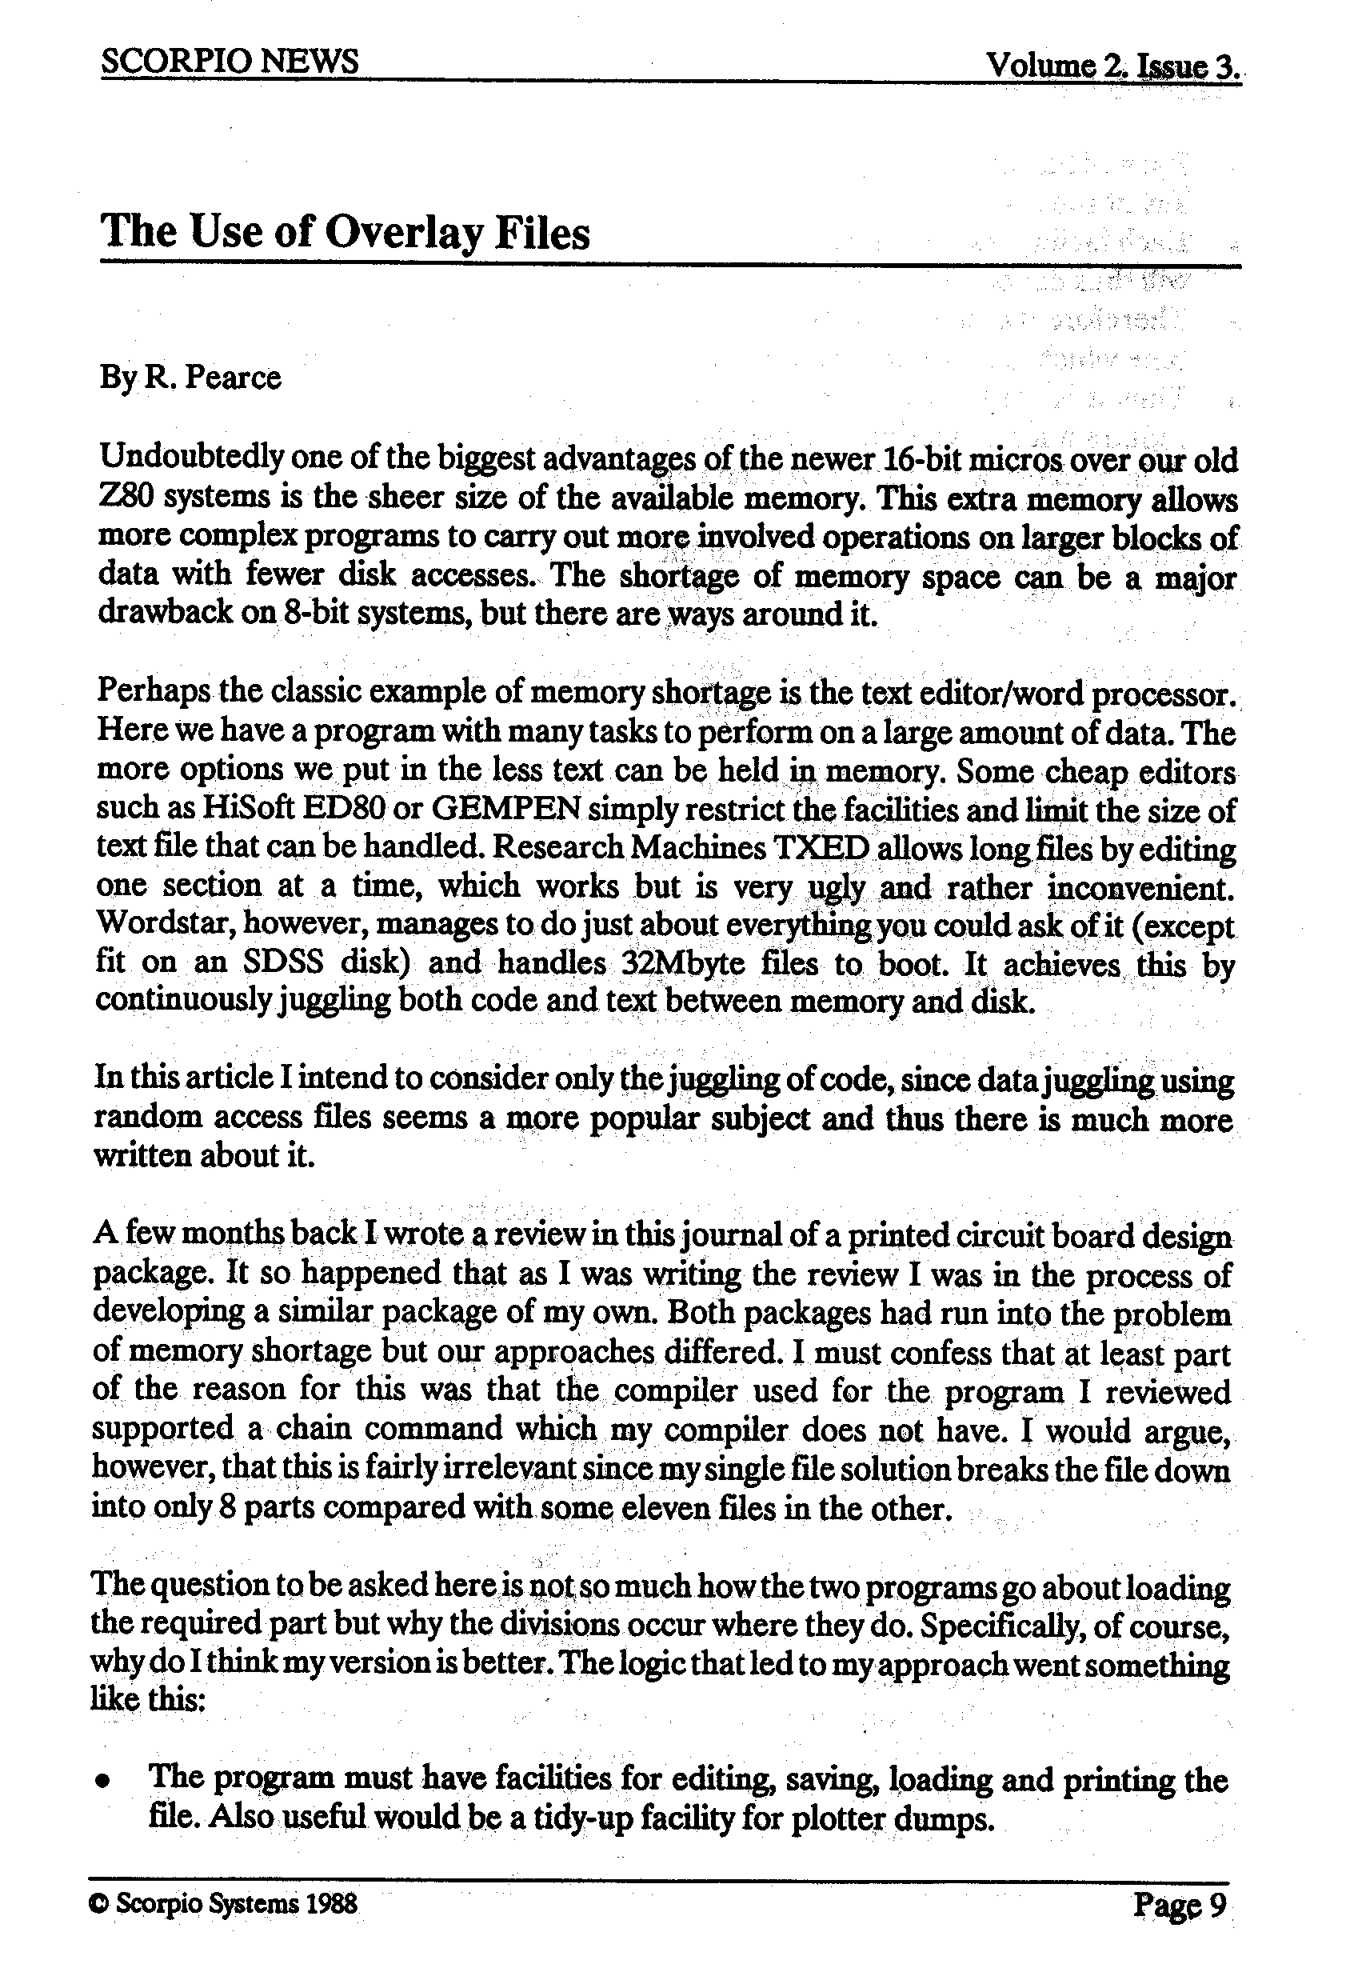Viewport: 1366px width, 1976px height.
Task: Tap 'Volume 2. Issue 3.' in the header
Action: click(1112, 65)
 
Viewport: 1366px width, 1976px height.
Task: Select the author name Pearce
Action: click(233, 377)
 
